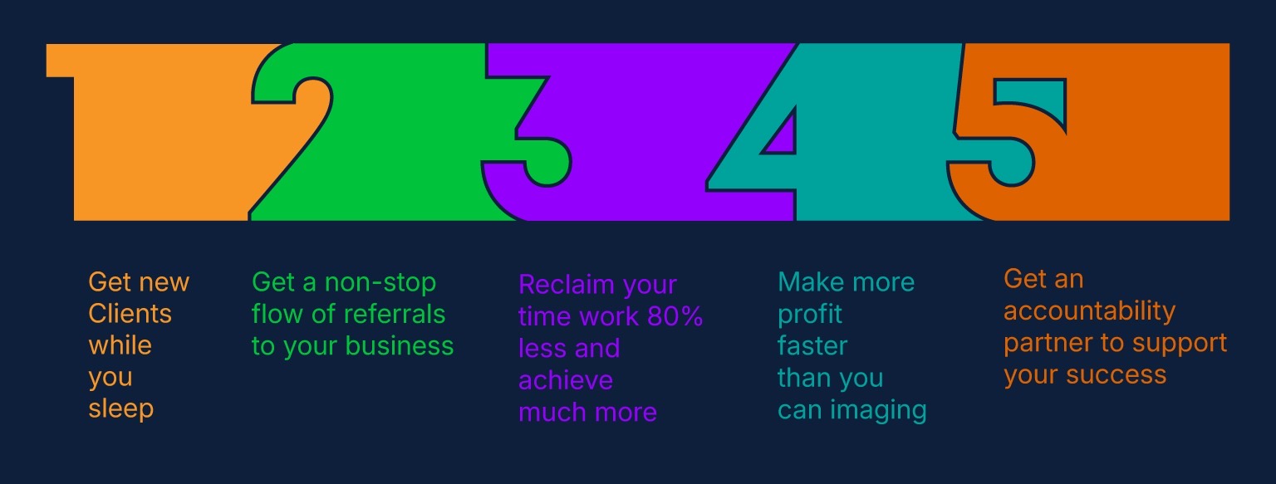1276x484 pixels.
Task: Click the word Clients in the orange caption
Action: pyautogui.click(x=130, y=314)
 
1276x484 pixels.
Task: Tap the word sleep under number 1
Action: pyautogui.click(x=120, y=409)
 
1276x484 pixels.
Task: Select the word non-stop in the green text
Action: pyautogui.click(x=380, y=282)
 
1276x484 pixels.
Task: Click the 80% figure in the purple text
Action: pyautogui.click(x=675, y=316)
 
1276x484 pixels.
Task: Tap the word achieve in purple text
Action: pyautogui.click(x=566, y=380)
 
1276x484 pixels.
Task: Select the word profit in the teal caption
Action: pyautogui.click(x=809, y=315)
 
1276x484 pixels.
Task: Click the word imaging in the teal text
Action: pyautogui.click(x=878, y=411)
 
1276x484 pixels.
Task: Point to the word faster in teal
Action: pyautogui.click(x=812, y=346)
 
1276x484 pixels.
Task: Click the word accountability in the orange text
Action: pyautogui.click(x=1089, y=311)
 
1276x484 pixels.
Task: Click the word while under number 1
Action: pyautogui.click(x=120, y=345)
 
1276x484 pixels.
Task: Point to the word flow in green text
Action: pyautogui.click(x=278, y=315)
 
